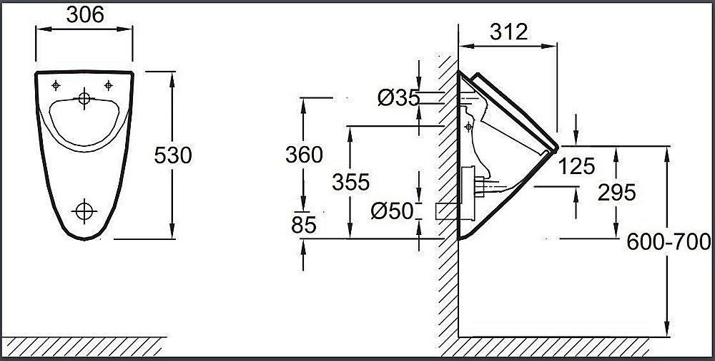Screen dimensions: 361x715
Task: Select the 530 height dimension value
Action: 174,155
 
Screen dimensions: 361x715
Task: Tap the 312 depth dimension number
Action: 508,31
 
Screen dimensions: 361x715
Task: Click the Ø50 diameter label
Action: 393,211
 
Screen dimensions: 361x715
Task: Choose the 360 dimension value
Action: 304,154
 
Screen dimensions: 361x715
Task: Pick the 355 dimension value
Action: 350,182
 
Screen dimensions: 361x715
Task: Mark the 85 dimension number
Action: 304,225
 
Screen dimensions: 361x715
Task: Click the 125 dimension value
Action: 576,166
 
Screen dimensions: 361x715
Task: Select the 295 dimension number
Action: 616,192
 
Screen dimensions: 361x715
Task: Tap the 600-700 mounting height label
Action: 668,243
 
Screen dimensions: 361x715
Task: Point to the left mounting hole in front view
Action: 56,86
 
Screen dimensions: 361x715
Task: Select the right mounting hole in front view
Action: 109,86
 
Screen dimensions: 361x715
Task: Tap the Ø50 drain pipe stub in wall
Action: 445,210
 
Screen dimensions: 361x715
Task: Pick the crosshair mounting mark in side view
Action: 468,127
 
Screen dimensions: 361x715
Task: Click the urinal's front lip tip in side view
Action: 554,148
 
